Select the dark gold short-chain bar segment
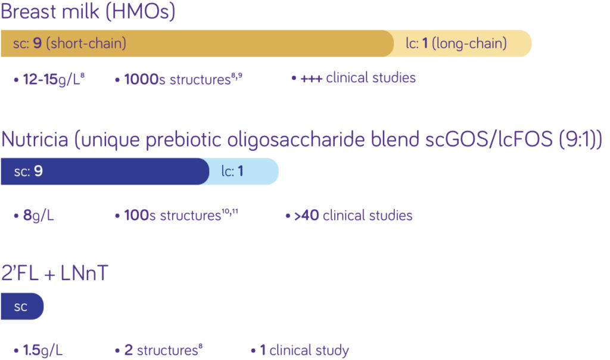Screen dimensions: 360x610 197,44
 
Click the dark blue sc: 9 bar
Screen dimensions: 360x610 105,172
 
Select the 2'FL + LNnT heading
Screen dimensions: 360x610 55,274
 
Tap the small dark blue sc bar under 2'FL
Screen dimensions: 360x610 22,306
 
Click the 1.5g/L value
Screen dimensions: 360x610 42,350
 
